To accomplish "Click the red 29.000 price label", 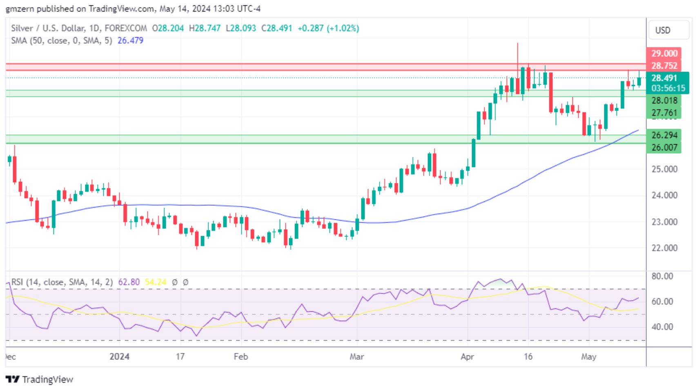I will tap(664, 54).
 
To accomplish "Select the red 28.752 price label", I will tap(664, 65).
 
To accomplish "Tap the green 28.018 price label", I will tap(664, 100).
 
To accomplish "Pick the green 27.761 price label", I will tap(664, 113).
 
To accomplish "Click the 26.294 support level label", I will tap(664, 135).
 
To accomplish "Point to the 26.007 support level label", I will tap(664, 147).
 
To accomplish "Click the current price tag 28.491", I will tap(664, 78).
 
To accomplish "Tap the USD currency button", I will tap(662, 30).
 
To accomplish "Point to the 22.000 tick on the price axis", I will tap(664, 248).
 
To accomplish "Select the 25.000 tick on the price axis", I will tap(664, 169).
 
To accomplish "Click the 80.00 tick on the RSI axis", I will tap(662, 276).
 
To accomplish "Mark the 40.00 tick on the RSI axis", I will tap(662, 327).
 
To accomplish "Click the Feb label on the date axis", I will tap(240, 357).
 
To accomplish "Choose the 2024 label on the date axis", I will tap(119, 357).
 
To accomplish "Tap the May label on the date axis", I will tap(588, 357).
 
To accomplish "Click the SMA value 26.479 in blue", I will tap(130, 40).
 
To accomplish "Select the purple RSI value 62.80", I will tap(129, 282).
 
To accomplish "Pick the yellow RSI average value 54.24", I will tap(156, 282).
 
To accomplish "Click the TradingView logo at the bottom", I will tap(40, 379).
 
